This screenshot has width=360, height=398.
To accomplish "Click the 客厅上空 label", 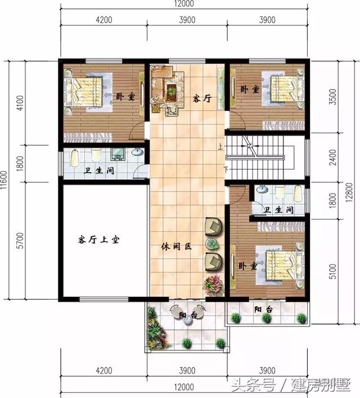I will [100, 240].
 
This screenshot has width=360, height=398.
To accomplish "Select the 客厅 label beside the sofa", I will [202, 99].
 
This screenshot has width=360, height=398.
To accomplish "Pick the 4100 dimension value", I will [20, 103].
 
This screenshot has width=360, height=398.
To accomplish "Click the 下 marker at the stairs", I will [226, 169].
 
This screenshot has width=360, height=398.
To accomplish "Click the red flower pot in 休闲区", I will [213, 284].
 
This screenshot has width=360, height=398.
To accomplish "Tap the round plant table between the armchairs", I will [212, 244].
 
